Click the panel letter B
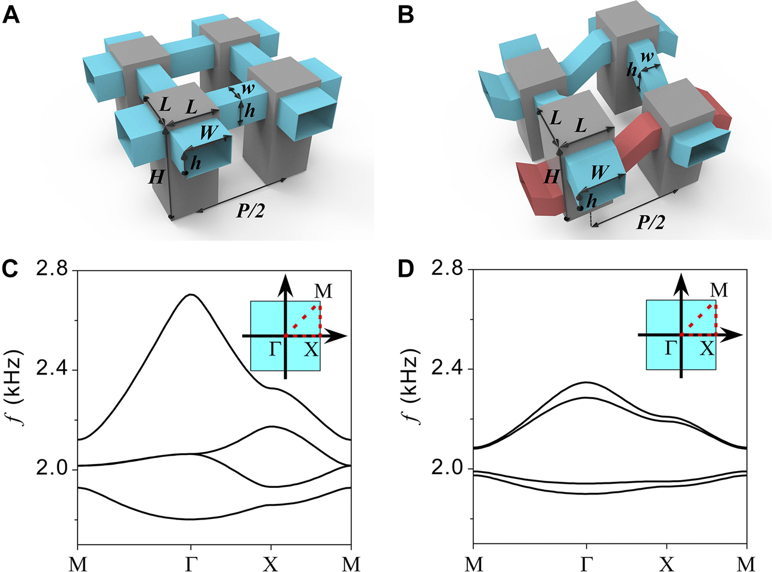pyautogui.click(x=405, y=14)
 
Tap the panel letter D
pyautogui.click(x=405, y=270)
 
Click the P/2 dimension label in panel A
pyautogui.click(x=250, y=211)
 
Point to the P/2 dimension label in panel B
pyautogui.click(x=650, y=222)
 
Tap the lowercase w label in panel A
pyautogui.click(x=248, y=89)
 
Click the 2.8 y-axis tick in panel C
pyautogui.click(x=52, y=270)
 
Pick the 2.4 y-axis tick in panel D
pyautogui.click(x=448, y=369)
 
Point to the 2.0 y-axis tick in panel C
pyautogui.click(x=52, y=469)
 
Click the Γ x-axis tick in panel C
pyautogui.click(x=191, y=563)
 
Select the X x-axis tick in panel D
pyautogui.click(x=666, y=563)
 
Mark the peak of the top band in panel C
pyautogui.click(x=190, y=295)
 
